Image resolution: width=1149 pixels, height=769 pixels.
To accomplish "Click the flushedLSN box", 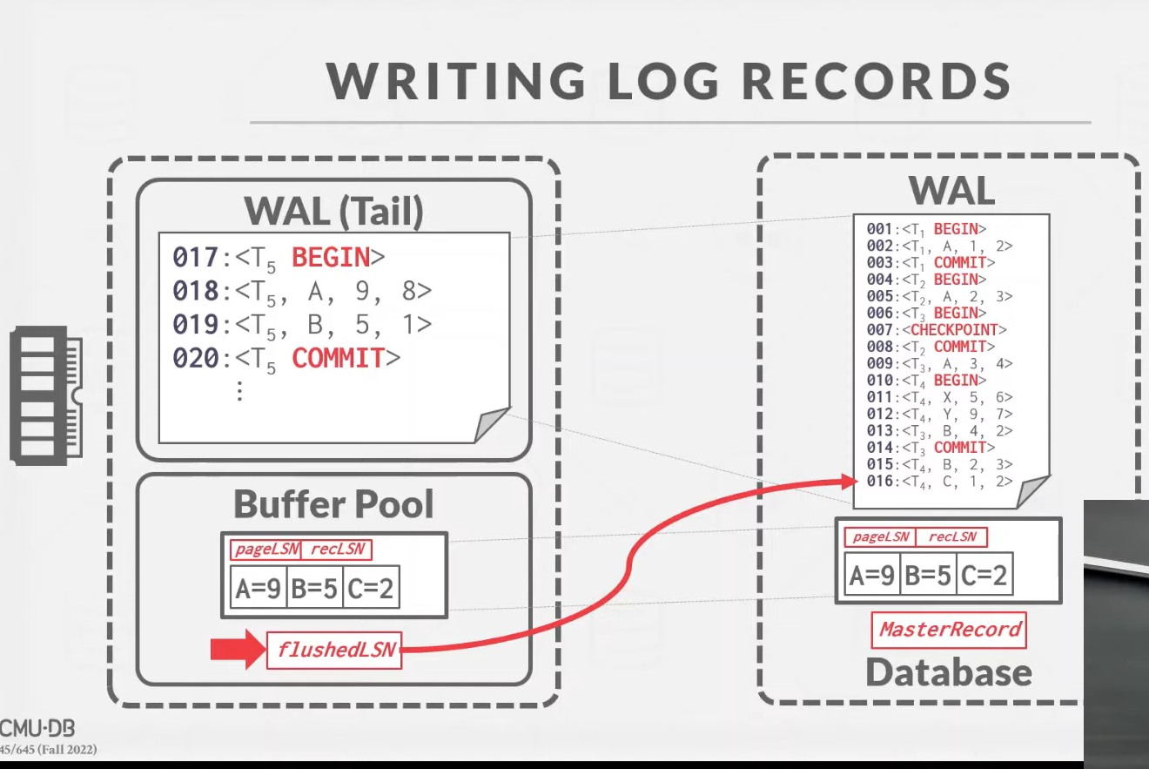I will pyautogui.click(x=334, y=650).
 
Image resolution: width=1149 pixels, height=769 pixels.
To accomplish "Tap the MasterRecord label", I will pyautogui.click(x=949, y=630).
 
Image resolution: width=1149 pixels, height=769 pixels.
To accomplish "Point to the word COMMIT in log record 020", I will pyautogui.click(x=338, y=358).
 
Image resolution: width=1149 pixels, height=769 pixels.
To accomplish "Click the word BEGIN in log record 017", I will pyautogui.click(x=331, y=258).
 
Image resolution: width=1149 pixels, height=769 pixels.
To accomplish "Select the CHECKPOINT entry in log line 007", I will pyautogui.click(x=956, y=330).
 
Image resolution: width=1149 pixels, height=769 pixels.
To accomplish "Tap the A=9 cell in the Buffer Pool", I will pyautogui.click(x=258, y=590).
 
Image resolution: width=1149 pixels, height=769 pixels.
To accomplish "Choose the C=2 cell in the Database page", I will pyautogui.click(x=984, y=576).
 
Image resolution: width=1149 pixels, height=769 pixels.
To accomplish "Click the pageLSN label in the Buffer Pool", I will pyautogui.click(x=266, y=550).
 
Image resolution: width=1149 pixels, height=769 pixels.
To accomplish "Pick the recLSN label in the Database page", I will pyautogui.click(x=951, y=536).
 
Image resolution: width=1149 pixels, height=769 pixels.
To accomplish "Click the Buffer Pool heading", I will pyautogui.click(x=333, y=503).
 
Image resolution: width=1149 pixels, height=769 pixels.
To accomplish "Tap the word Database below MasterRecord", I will pyautogui.click(x=949, y=671).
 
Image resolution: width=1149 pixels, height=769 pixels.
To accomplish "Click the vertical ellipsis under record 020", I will pyautogui.click(x=239, y=391).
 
